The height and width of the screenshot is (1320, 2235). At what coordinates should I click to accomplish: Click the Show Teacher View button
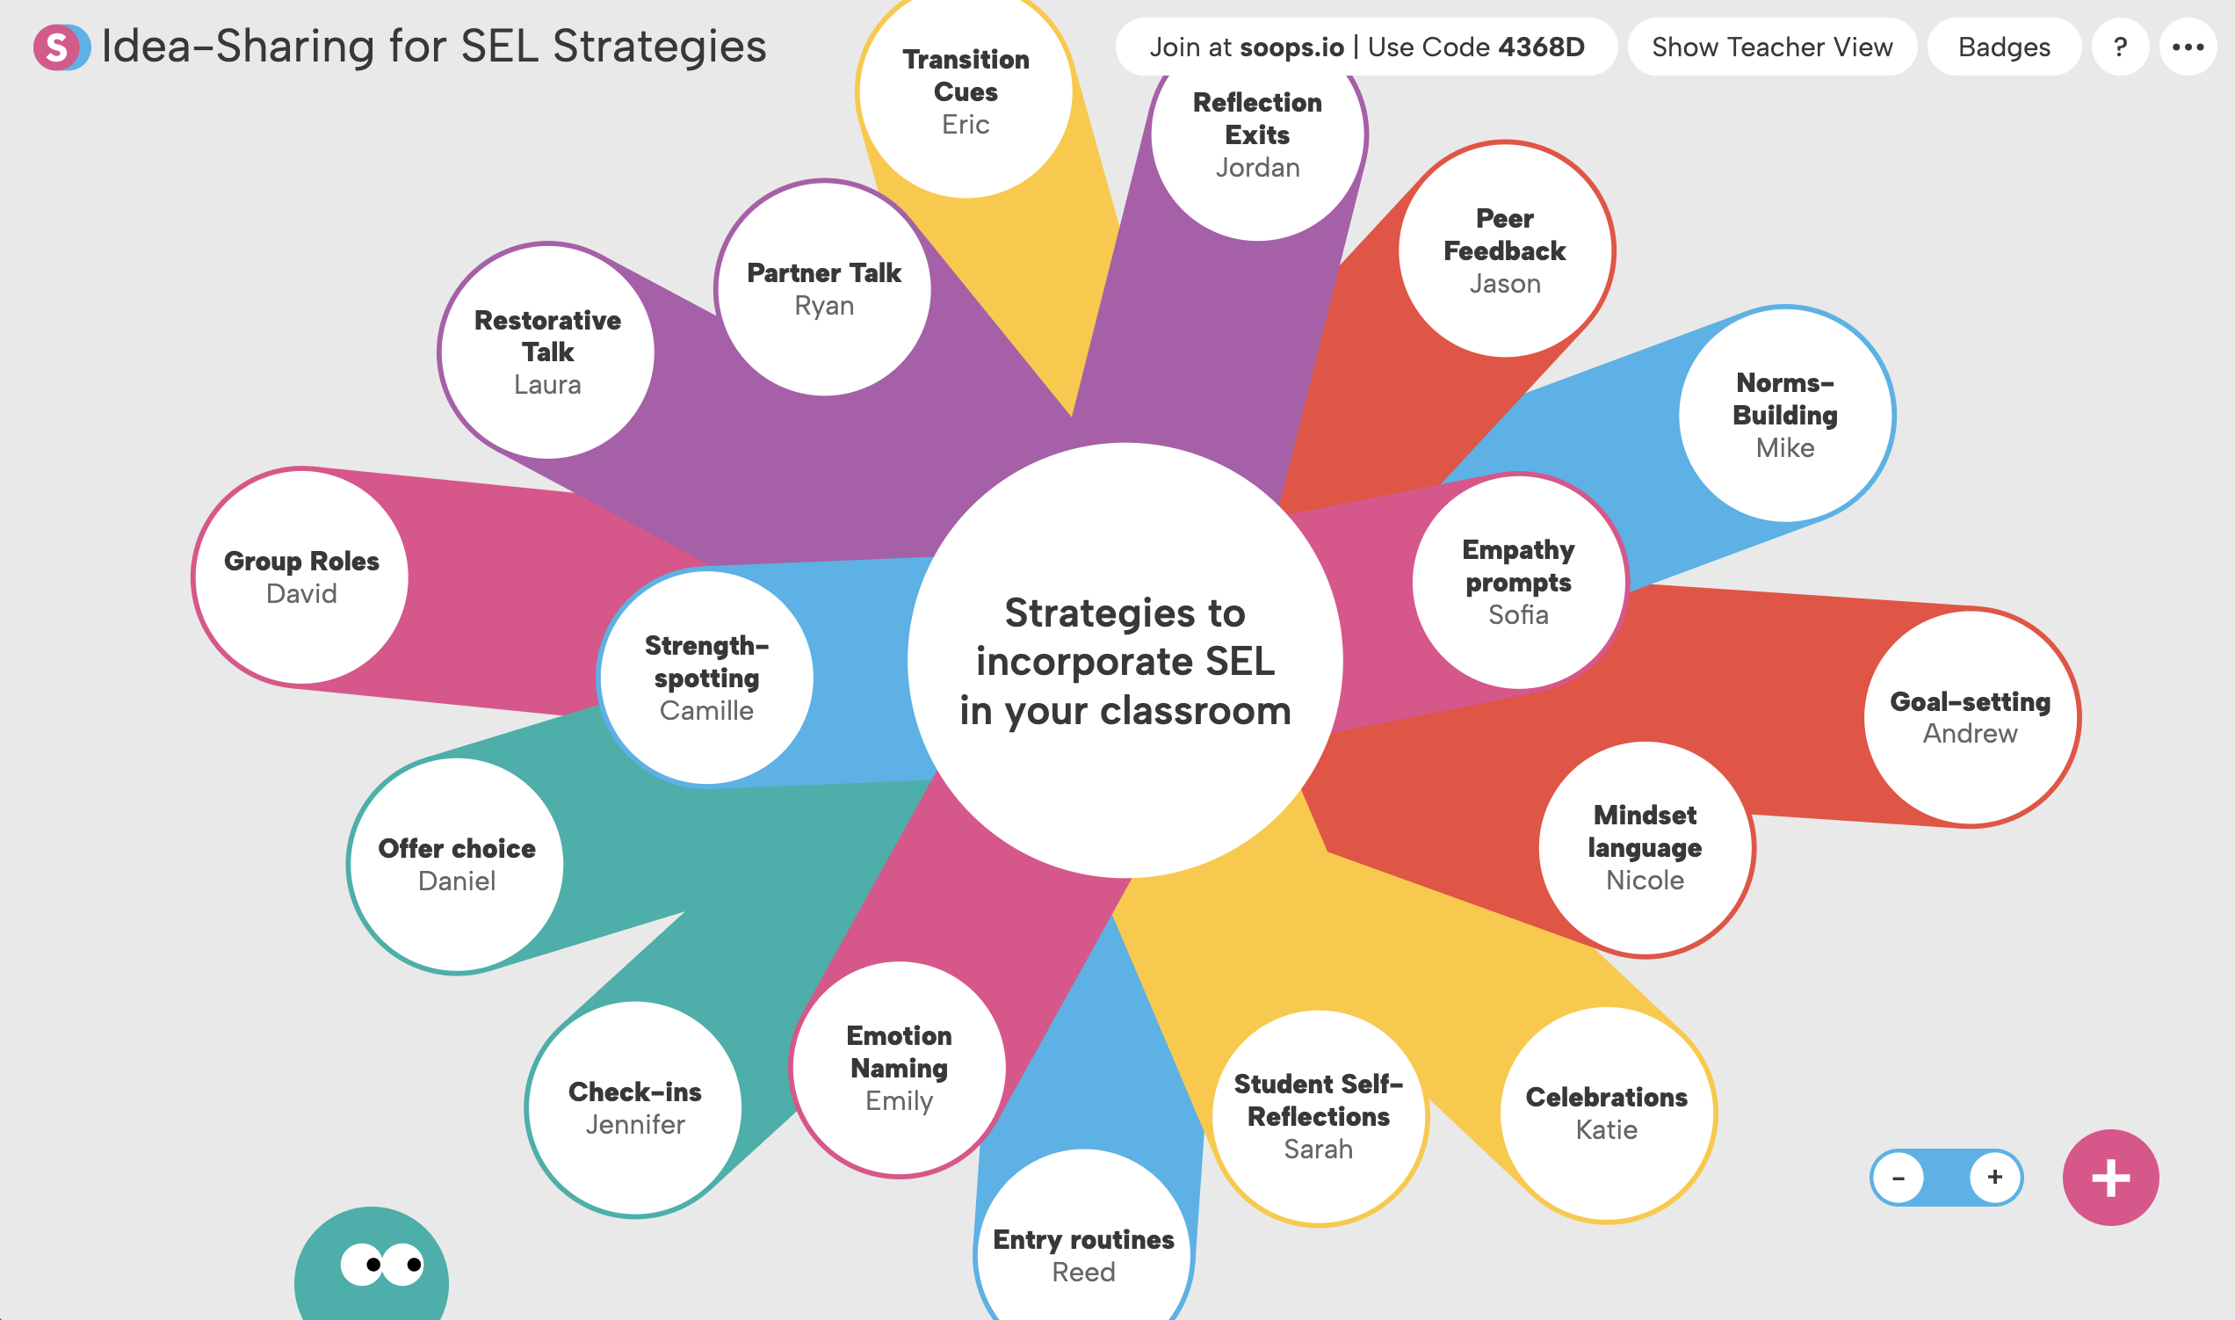tap(1771, 47)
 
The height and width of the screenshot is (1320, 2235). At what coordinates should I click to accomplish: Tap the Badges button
tap(2004, 47)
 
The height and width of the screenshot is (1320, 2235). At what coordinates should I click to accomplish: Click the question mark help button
tap(2120, 47)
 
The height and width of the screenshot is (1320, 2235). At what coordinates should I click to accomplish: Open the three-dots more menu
tap(2187, 47)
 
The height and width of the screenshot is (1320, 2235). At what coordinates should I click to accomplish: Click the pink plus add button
tap(2109, 1178)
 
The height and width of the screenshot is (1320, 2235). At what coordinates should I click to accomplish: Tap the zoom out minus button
tap(1898, 1179)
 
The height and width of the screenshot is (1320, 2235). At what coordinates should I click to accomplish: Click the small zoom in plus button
tap(1995, 1178)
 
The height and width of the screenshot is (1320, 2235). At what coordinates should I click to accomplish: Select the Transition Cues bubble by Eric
tap(966, 91)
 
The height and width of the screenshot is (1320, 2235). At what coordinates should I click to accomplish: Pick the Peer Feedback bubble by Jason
tap(1504, 250)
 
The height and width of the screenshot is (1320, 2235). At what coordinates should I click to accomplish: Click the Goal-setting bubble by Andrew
tap(1970, 717)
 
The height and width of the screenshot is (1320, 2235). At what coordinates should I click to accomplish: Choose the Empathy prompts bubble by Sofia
tap(1518, 582)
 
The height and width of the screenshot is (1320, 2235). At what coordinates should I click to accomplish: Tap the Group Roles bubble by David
tap(301, 577)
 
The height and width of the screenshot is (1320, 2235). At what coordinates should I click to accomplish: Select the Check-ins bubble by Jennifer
tap(635, 1108)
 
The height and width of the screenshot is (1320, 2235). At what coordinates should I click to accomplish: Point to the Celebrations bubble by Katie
tap(1607, 1113)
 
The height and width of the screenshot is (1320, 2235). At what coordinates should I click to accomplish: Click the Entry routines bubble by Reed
tap(1083, 1254)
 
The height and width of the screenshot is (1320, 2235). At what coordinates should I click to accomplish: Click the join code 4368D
tap(1541, 47)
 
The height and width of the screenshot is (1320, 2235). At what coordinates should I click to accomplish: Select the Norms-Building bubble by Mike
tap(1785, 416)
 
